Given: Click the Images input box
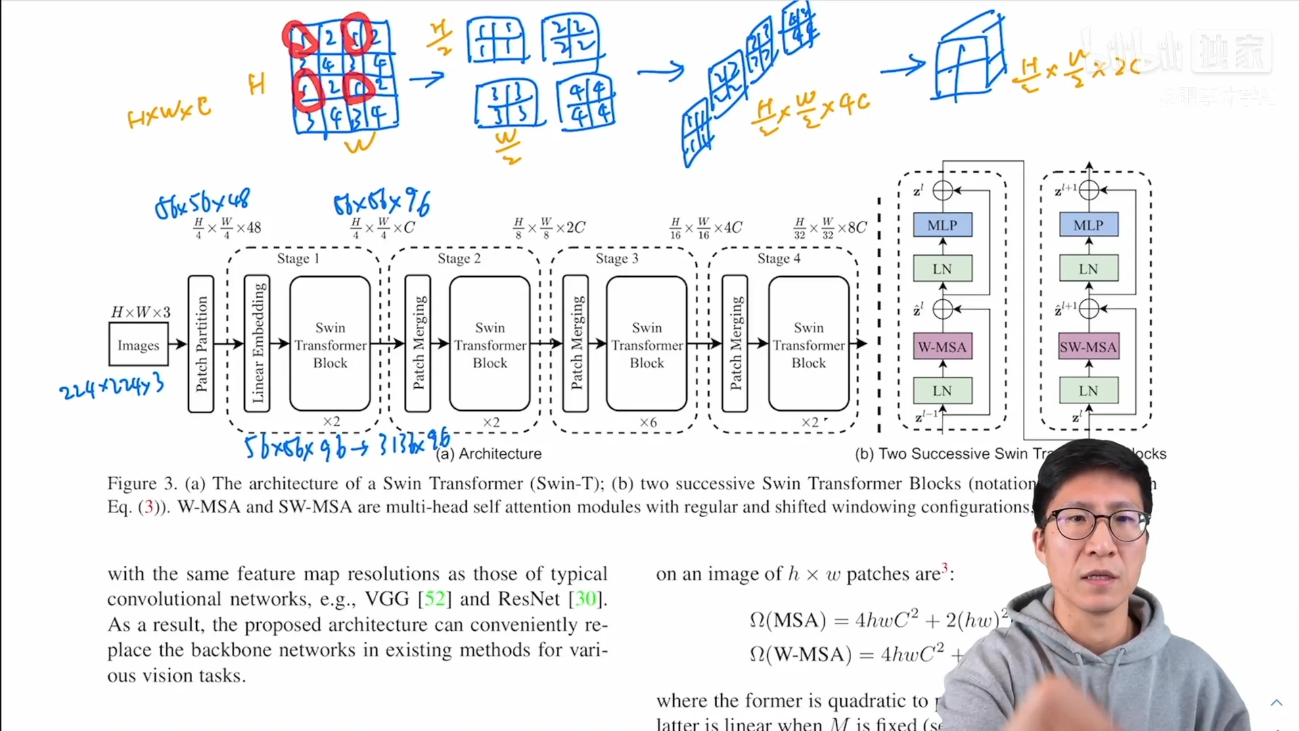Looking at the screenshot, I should (x=138, y=345).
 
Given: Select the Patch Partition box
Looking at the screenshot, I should (x=201, y=344).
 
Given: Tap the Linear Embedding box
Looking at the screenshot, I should (x=257, y=344).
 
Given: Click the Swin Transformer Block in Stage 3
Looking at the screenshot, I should (x=647, y=344).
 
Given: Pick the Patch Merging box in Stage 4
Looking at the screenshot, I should (x=735, y=344).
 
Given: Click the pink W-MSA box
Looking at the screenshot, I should (x=942, y=347).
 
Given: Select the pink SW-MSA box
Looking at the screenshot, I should (x=1088, y=347).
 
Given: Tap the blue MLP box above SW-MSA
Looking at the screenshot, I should (x=1088, y=225).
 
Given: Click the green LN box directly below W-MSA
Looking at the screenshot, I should (x=942, y=391).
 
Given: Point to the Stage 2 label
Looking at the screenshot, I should (x=459, y=259).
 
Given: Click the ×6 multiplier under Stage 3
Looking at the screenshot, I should (x=647, y=422).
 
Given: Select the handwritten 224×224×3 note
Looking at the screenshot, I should (x=112, y=386).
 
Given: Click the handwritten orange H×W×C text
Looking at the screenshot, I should (x=168, y=112).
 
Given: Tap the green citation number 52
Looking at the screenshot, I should (x=434, y=599).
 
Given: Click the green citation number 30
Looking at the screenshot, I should (x=585, y=599).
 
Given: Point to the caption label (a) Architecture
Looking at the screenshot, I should (x=489, y=453).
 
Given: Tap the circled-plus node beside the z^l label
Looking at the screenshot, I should (x=942, y=191).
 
